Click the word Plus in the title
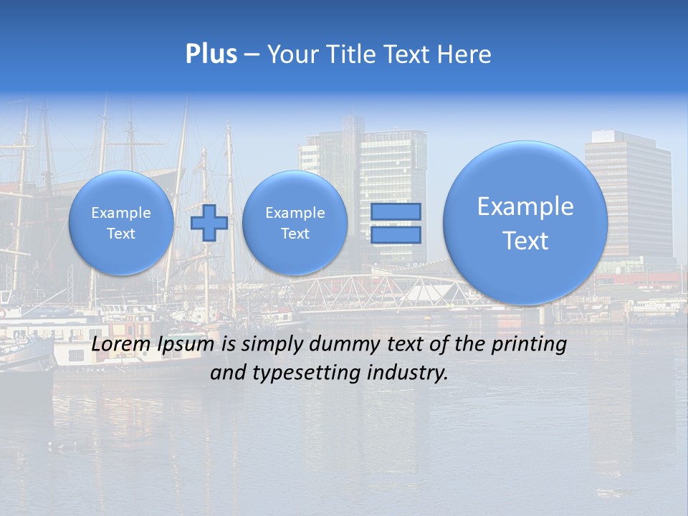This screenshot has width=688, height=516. click(211, 54)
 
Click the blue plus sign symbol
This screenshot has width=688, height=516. click(209, 223)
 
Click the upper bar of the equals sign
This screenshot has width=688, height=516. click(396, 212)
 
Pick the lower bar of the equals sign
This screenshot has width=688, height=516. click(396, 234)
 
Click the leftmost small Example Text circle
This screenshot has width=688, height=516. click(121, 223)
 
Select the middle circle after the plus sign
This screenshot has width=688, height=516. click(295, 223)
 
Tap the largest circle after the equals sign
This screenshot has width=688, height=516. click(525, 223)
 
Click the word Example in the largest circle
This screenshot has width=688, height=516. click(525, 206)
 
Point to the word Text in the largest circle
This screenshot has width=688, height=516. click(525, 241)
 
